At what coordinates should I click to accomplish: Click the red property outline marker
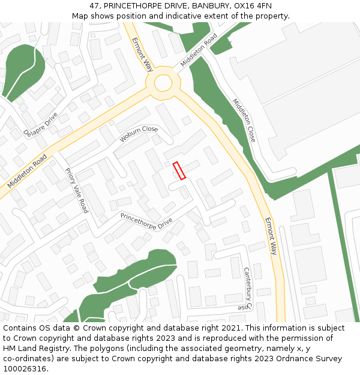pos(179,170)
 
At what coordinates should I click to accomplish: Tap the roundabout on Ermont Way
pos(163,83)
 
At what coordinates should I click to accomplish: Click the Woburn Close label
pos(138,134)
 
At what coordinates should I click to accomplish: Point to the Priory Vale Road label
pos(76,190)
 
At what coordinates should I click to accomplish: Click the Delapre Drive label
pos(40,124)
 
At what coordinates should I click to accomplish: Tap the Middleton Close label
pos(244,120)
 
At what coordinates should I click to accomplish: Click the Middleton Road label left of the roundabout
pos(27,172)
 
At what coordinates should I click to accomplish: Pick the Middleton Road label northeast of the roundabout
pos(199,50)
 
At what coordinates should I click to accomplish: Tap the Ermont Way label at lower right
pos(271,236)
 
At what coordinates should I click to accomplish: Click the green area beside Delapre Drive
pos(22,70)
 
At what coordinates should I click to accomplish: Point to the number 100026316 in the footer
pos(25,368)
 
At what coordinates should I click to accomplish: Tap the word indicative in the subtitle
pos(185,16)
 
